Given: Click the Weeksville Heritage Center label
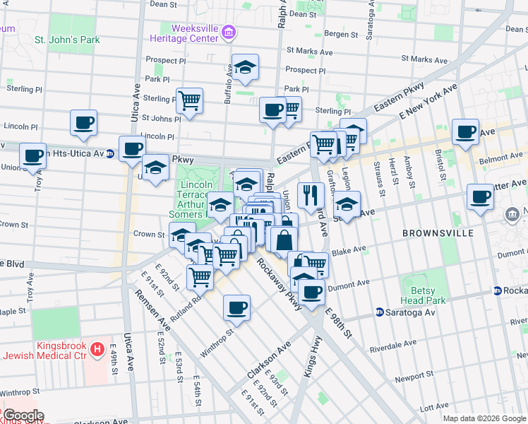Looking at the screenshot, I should (184, 33).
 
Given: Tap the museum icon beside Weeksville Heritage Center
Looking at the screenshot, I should (228, 33).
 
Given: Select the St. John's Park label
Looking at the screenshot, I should (67, 40).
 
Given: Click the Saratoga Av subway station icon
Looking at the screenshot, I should (380, 312).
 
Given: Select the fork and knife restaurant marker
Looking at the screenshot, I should (311, 195).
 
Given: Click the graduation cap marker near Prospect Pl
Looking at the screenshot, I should (245, 68).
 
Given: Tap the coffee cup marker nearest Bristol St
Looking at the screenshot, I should (465, 131).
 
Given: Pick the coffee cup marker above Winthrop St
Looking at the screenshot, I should (237, 307).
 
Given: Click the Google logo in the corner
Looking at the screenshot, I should (23, 416).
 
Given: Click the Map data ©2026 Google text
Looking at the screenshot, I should (484, 418).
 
